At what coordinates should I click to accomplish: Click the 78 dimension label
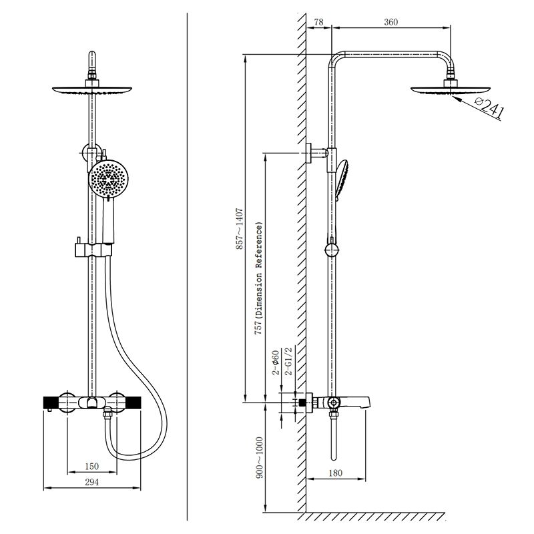(x=318, y=22)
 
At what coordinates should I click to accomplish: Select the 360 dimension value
(x=390, y=22)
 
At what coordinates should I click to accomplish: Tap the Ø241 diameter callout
(x=489, y=108)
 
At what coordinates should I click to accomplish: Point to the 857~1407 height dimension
(x=240, y=228)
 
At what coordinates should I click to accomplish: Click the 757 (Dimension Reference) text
(x=259, y=278)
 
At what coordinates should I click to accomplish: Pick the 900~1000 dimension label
(x=260, y=457)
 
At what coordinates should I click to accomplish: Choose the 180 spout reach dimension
(x=336, y=473)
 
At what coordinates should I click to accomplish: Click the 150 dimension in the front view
(x=91, y=466)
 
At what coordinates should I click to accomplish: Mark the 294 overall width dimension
(x=91, y=482)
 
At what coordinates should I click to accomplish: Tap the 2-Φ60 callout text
(x=276, y=362)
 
